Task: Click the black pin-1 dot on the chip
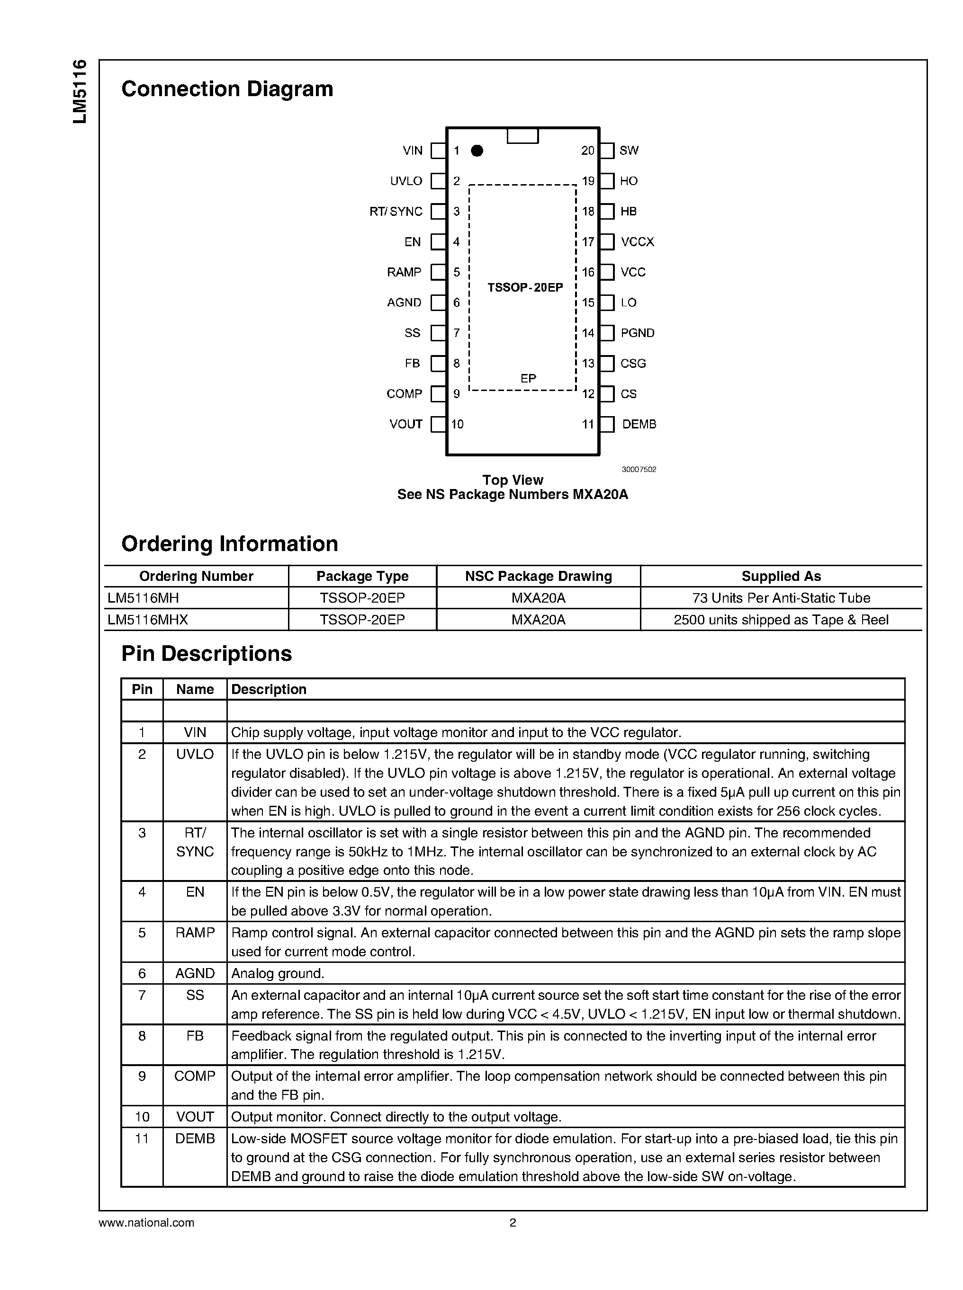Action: (477, 151)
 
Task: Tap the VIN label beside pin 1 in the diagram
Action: (412, 151)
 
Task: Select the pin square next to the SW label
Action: (607, 151)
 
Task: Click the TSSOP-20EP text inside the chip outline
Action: (525, 287)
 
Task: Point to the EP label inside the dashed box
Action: (528, 378)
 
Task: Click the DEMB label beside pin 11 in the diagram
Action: (639, 424)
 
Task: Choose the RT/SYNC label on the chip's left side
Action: (396, 212)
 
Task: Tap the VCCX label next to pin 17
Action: (637, 242)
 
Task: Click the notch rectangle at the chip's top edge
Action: (522, 136)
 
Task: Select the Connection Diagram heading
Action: (227, 89)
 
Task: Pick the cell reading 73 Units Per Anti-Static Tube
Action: (781, 598)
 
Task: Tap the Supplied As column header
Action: (781, 576)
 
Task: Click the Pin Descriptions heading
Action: (207, 654)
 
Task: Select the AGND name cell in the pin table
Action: (195, 973)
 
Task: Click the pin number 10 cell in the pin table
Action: (142, 1116)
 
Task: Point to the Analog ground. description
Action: (278, 973)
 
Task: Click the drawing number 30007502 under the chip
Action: (639, 469)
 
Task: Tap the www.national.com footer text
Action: (146, 1223)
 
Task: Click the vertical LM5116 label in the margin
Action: (80, 91)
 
